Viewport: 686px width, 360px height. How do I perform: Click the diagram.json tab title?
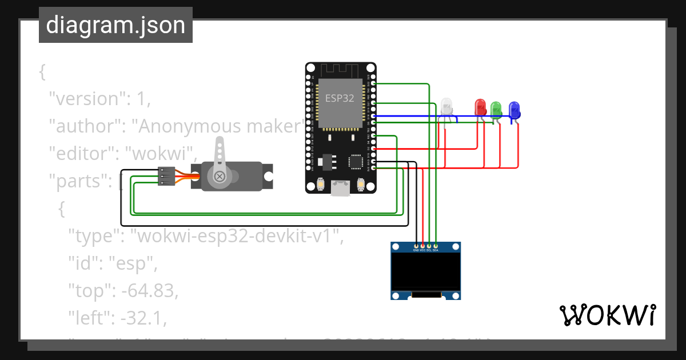(115, 25)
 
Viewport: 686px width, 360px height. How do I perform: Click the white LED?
(446, 106)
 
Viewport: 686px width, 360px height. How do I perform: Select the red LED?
(480, 107)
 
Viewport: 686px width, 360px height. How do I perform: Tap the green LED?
(496, 109)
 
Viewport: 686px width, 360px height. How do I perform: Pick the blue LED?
(514, 109)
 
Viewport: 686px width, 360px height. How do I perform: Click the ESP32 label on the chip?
(340, 98)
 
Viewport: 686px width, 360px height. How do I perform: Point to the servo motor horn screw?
(219, 177)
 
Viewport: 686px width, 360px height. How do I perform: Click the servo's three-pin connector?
(166, 176)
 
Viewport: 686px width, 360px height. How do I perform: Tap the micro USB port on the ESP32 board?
(341, 188)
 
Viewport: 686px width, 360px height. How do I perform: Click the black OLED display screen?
(426, 271)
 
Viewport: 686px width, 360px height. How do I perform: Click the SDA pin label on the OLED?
(436, 250)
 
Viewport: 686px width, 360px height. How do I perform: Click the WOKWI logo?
(607, 315)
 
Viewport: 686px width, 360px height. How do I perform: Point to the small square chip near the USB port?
(357, 162)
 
